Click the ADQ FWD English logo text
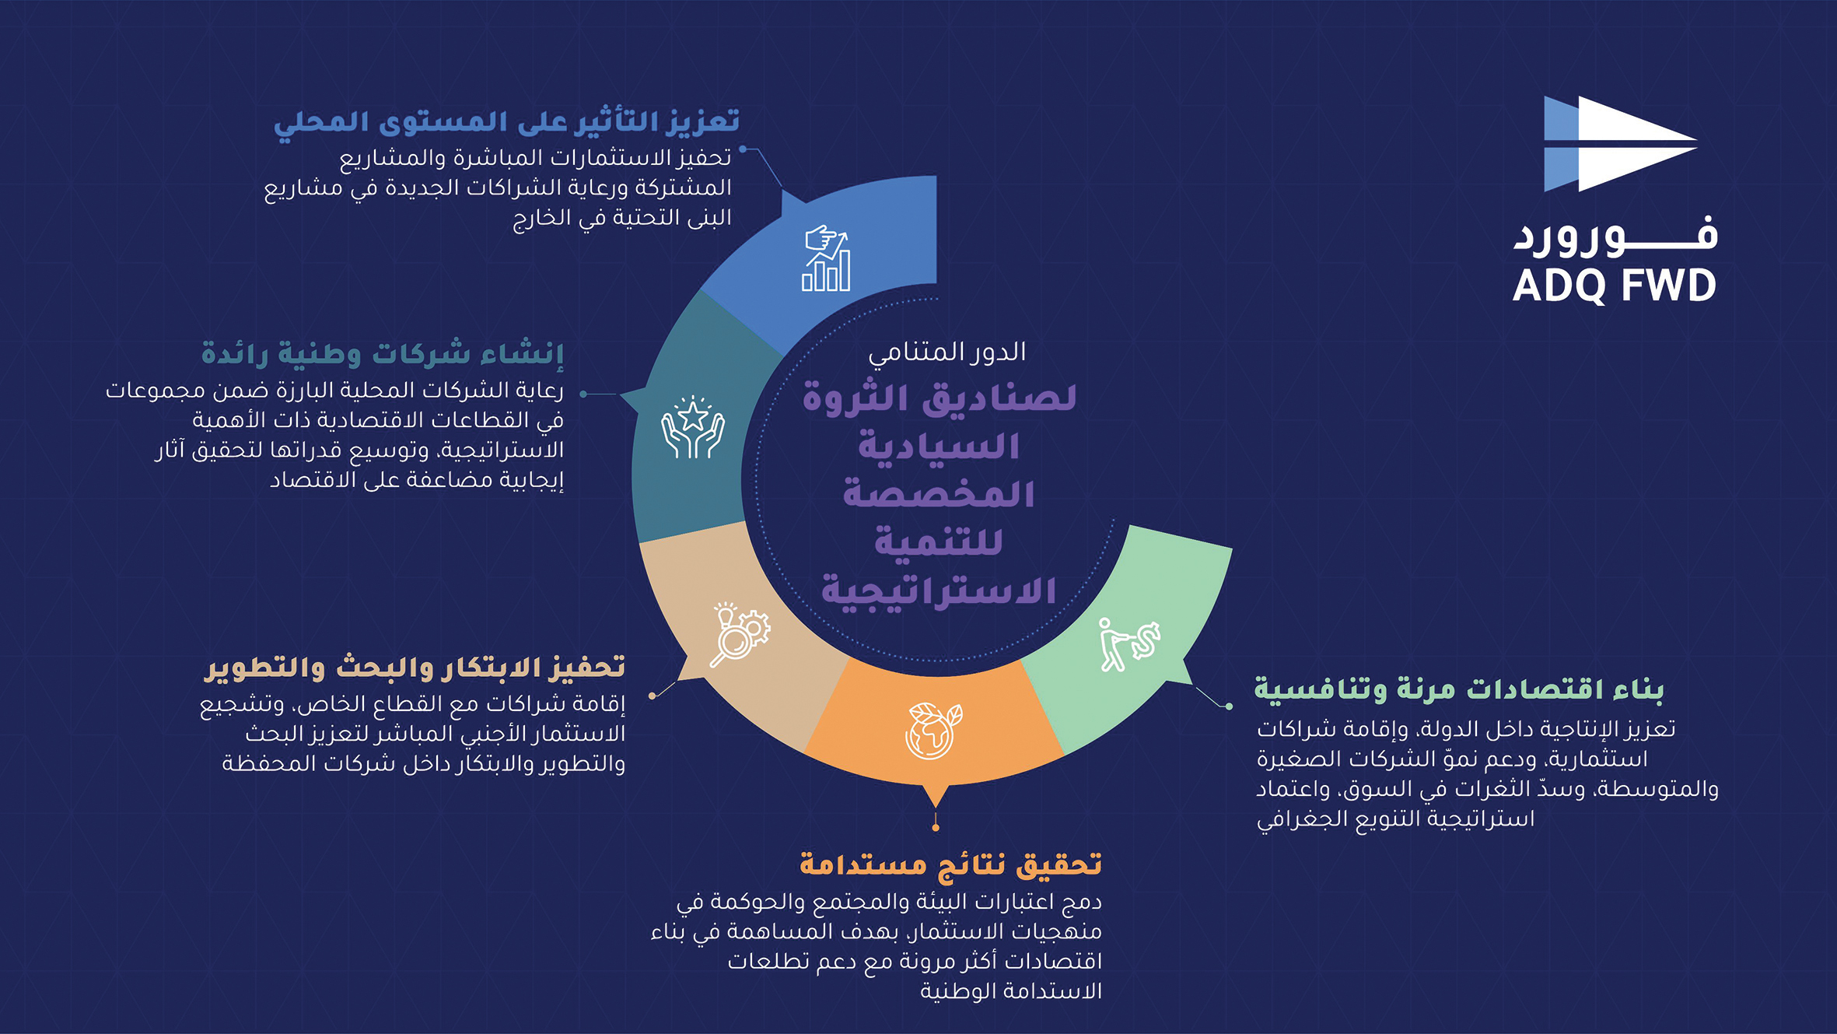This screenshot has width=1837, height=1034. (x=1614, y=286)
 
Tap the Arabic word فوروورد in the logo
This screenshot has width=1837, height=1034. (x=1615, y=235)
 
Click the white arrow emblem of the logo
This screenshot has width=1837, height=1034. (x=1620, y=144)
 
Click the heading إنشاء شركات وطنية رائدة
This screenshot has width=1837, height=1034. (x=383, y=354)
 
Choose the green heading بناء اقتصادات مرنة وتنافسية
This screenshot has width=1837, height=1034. (x=1458, y=690)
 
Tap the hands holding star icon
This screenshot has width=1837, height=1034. (x=692, y=427)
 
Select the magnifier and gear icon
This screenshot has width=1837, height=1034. (x=740, y=634)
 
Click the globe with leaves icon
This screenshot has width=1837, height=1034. (x=933, y=731)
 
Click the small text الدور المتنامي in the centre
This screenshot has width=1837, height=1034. (x=947, y=352)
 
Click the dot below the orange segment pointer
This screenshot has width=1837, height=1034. (x=936, y=828)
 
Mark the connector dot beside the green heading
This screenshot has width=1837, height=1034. (x=1229, y=706)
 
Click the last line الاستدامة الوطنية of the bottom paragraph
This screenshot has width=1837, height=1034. (x=1011, y=991)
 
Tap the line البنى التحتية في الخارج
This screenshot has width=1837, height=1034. (x=622, y=218)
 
